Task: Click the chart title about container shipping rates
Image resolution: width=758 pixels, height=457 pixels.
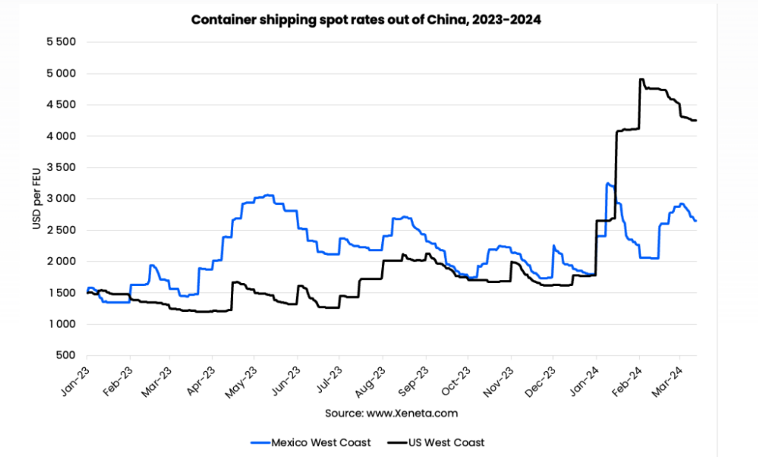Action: click(x=366, y=20)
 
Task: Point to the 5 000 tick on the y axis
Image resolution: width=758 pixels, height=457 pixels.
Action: click(x=61, y=73)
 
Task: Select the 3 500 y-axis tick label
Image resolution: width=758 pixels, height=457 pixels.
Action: click(x=61, y=167)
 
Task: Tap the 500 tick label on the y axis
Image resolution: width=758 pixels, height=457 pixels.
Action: click(x=67, y=356)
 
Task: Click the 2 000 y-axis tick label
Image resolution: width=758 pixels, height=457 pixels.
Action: click(x=61, y=261)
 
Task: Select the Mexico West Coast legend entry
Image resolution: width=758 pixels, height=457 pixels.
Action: click(x=306, y=442)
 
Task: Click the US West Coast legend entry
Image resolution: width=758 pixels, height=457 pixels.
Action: click(x=436, y=442)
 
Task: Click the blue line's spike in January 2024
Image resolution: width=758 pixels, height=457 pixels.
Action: click(x=608, y=183)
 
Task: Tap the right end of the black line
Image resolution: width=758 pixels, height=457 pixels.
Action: click(x=696, y=121)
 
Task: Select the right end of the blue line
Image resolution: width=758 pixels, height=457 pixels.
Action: click(x=696, y=221)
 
